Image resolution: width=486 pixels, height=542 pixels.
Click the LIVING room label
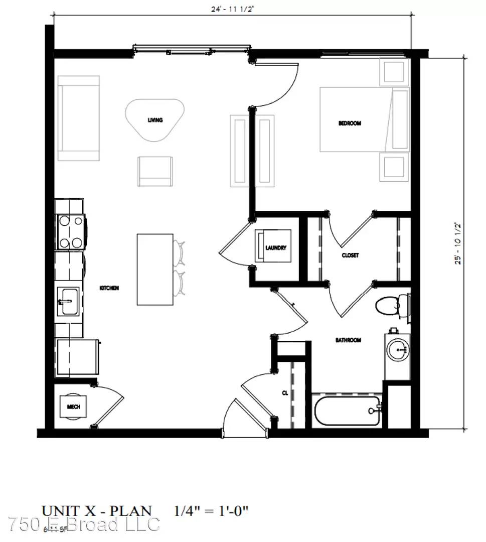point(154,120)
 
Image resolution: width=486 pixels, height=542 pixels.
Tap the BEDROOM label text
point(350,123)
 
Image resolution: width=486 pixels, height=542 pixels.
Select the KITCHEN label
point(109,288)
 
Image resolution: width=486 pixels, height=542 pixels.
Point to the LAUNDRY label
point(276,248)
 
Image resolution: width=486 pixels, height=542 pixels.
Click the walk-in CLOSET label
point(350,255)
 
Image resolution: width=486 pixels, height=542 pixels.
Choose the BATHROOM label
point(348,340)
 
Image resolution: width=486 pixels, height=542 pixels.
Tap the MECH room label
point(73,406)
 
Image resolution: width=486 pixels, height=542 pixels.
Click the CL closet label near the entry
point(284,394)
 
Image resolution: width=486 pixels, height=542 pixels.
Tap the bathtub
point(347,411)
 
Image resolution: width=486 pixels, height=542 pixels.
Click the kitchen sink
point(67,301)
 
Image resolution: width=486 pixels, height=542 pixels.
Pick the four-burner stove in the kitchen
point(70,231)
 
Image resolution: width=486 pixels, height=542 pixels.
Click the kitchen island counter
point(155,269)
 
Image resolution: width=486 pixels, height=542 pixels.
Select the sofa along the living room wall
point(78,118)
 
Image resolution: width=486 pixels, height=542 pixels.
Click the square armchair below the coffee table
point(155,171)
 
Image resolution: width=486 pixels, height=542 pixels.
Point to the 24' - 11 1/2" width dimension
point(232,9)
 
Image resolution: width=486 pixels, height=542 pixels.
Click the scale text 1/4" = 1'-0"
point(211,511)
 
